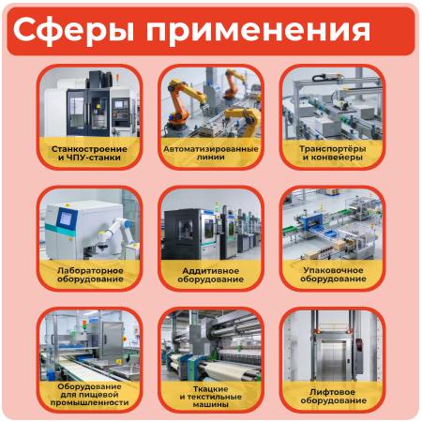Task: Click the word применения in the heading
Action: click(251, 32)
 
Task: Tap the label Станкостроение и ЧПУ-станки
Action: click(88, 153)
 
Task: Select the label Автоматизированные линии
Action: click(210, 153)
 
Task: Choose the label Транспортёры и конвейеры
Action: click(332, 153)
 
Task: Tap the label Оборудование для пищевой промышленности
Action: click(88, 395)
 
